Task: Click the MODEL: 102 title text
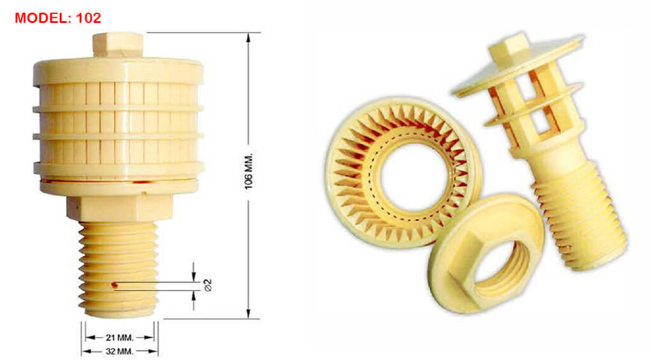coord(57,18)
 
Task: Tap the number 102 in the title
coord(89,18)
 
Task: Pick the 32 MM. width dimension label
coord(119,351)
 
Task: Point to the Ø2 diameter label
coord(207,285)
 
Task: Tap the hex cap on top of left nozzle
coord(118,44)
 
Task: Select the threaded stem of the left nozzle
coord(118,268)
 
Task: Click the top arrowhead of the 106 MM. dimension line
coord(248,37)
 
